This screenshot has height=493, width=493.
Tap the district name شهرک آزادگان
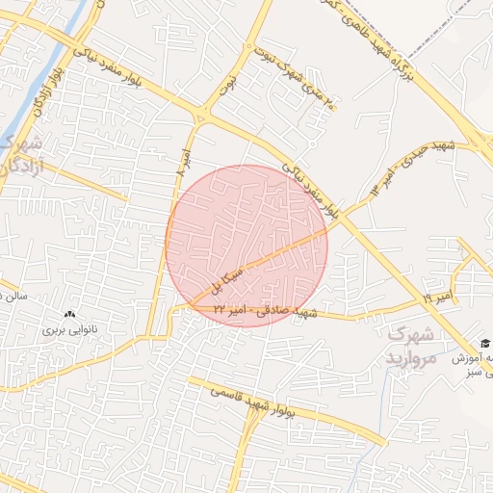point(19,155)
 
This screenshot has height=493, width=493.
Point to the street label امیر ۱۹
point(435,295)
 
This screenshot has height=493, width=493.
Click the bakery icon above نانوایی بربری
point(68,314)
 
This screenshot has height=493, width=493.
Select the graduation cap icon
point(485,344)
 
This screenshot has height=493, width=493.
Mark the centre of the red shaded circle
point(246,246)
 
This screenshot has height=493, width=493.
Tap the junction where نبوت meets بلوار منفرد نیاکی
point(201,117)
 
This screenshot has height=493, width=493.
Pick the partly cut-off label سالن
point(13,297)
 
